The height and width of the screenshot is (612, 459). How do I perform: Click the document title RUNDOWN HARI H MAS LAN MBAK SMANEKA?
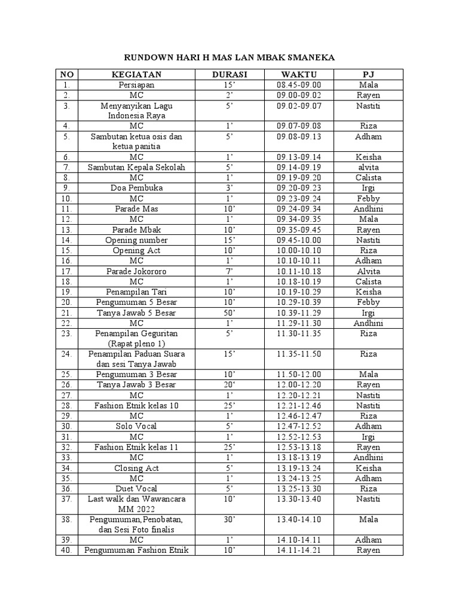[x=229, y=58]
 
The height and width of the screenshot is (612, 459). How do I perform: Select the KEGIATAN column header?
[x=136, y=75]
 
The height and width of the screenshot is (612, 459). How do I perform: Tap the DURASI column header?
[x=229, y=75]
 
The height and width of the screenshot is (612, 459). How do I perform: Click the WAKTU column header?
[x=299, y=75]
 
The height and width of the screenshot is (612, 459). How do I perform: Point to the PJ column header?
[x=369, y=75]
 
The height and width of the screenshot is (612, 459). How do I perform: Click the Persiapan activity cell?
[x=136, y=85]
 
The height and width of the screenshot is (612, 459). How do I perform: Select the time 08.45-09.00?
[x=299, y=85]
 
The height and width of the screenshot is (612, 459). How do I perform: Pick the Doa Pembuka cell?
[x=136, y=188]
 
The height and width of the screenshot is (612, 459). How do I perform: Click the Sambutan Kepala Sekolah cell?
[x=136, y=167]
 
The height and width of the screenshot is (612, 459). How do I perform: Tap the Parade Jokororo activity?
[x=136, y=271]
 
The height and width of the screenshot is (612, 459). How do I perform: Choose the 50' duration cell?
[x=229, y=313]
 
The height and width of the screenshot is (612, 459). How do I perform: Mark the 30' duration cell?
[x=229, y=519]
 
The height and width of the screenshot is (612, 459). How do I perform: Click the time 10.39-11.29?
[x=299, y=313]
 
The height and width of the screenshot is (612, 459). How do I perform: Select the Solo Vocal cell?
[x=136, y=427]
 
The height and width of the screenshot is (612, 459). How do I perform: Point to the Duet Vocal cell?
[x=136, y=489]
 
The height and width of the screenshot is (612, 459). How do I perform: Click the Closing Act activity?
[x=136, y=469]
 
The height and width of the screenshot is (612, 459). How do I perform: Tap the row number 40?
[x=66, y=550]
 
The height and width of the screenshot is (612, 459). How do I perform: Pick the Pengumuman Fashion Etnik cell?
[x=136, y=550]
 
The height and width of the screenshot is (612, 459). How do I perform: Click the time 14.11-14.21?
[x=299, y=550]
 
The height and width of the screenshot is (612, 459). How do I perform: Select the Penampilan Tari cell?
[x=136, y=292]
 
